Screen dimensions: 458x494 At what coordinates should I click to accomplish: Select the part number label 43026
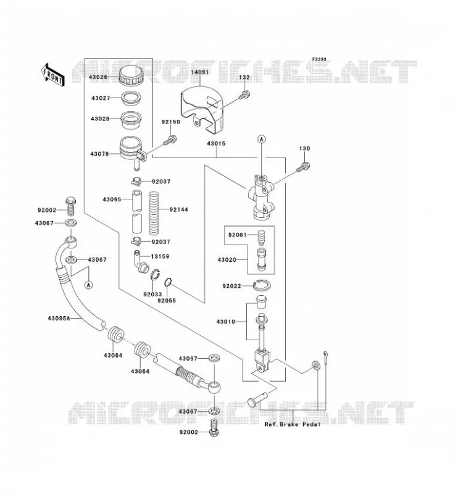tap(98, 77)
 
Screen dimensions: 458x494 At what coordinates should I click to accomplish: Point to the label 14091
tap(200, 72)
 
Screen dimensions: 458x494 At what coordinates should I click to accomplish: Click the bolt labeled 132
tap(244, 94)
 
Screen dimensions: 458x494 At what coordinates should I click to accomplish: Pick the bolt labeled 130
tap(303, 167)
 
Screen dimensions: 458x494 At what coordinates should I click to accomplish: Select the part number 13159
tap(160, 256)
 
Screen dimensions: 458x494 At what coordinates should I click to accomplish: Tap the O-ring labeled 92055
tap(169, 282)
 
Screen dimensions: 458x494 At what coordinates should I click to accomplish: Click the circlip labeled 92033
tap(155, 274)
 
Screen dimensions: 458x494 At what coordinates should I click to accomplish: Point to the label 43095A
tap(59, 318)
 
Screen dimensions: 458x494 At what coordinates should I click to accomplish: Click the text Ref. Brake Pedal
tap(293, 424)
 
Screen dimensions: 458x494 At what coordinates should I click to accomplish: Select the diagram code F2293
tap(319, 59)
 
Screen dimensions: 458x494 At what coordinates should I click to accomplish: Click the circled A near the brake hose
tap(89, 285)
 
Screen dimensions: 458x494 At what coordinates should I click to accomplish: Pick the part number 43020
tap(227, 259)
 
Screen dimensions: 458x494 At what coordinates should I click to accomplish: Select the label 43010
tap(226, 322)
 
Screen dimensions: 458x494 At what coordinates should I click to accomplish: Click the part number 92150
tap(171, 122)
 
